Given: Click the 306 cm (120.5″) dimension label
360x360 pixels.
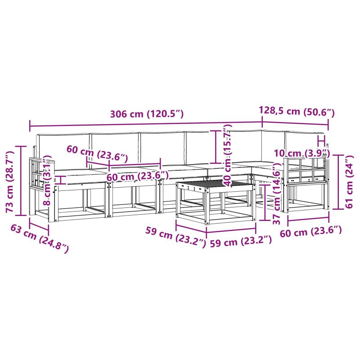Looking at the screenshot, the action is click(147, 114).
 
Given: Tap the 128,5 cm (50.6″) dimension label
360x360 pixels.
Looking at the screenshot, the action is click(297, 111).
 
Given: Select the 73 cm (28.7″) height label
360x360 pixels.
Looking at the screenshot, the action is click(10, 181).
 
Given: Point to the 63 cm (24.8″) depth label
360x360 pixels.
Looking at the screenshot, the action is click(40, 239).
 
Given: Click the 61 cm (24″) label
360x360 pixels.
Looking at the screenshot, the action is click(349, 182).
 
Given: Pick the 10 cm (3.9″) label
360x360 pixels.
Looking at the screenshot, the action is click(302, 153).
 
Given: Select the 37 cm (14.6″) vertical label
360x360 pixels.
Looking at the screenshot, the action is click(277, 193).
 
